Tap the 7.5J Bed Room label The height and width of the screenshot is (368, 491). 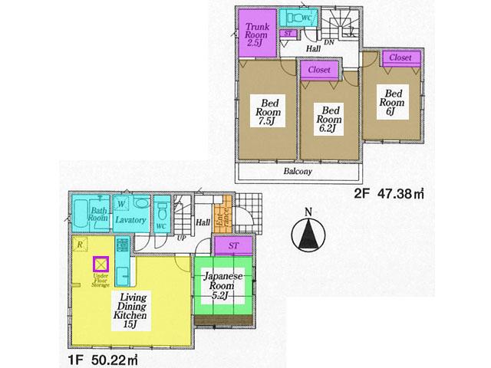269,112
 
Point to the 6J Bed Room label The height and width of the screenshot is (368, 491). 390,100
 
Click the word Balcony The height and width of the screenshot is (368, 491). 298,172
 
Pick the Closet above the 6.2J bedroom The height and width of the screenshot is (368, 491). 319,70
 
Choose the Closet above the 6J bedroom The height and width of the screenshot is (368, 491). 400,58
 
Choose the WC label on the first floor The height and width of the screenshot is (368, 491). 162,227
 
